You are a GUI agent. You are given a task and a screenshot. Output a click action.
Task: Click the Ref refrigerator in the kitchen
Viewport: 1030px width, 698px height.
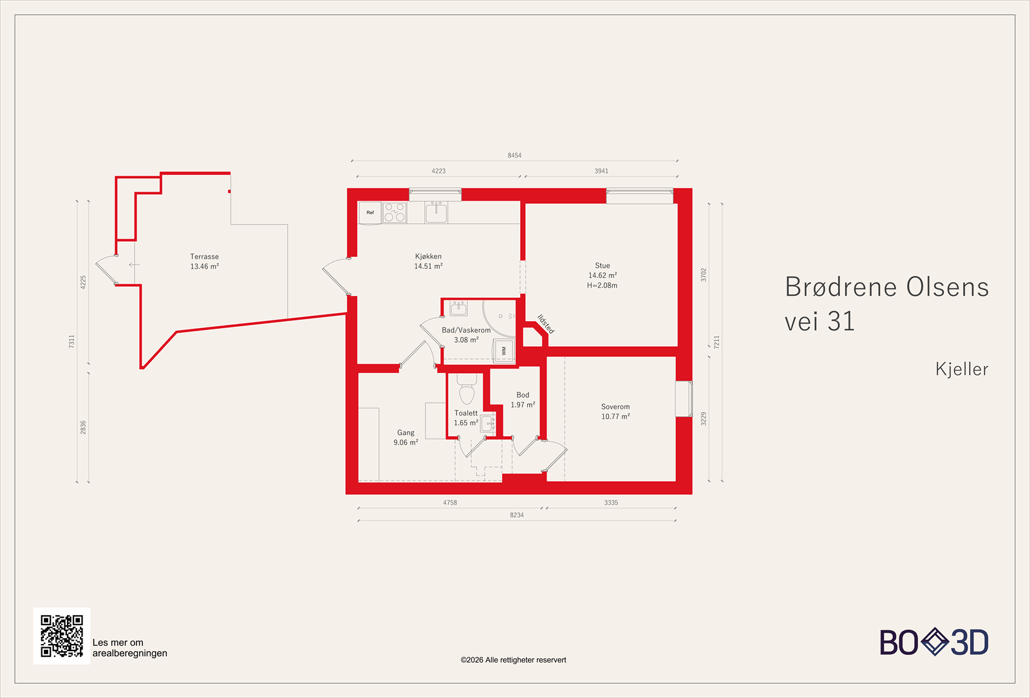coord(370,213)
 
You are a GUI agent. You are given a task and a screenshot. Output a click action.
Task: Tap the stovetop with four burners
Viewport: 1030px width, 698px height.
coord(395,213)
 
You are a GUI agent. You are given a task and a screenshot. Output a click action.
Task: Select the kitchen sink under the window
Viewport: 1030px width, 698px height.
coord(436,212)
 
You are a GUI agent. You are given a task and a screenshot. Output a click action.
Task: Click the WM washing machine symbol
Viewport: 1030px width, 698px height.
coord(503,351)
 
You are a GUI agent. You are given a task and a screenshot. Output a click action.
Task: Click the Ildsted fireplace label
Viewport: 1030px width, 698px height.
coord(546,324)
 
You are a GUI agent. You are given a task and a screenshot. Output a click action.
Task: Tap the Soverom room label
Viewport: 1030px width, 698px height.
coord(615,407)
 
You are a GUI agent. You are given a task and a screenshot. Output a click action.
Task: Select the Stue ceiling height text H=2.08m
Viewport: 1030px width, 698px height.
coord(602,286)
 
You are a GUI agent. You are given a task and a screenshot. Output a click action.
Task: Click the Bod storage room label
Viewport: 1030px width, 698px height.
coord(523,395)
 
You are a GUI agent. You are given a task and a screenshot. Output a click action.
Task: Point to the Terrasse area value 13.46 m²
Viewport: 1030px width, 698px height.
coord(205,266)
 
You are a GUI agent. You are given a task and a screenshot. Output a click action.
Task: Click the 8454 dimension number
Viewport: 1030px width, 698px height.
coord(514,155)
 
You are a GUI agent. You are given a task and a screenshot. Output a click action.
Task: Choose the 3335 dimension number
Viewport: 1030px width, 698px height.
coord(611,502)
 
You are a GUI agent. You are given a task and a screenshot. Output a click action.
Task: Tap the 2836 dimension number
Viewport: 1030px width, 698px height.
coord(83,427)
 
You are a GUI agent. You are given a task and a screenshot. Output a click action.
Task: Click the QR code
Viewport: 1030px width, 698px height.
coord(62,636)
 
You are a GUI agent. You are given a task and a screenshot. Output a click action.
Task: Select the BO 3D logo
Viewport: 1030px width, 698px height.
coord(934,642)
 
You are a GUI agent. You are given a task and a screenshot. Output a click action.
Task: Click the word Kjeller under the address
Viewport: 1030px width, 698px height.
coord(962,369)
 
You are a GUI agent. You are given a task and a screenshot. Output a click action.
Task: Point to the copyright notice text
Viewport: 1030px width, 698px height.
coord(513,660)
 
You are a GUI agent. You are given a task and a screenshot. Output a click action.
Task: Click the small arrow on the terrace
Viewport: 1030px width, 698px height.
coord(134,264)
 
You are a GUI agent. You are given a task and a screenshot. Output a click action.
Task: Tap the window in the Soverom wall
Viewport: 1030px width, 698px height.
coord(684,399)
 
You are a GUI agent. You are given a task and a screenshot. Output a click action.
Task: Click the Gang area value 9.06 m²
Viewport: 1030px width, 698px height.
coord(406,443)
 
